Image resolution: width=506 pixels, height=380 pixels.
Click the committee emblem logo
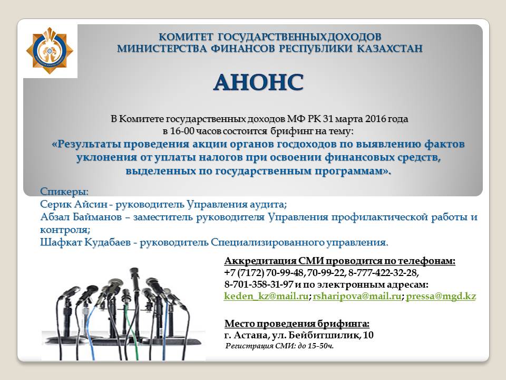50,51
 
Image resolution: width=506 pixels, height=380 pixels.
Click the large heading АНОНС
258,82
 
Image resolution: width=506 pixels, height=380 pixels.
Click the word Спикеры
64,192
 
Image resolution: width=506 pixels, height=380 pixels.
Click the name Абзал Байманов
81,217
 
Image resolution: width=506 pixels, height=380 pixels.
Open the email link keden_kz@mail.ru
266,296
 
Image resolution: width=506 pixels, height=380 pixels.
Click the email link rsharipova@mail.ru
357,296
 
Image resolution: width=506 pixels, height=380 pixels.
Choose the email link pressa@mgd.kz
441,296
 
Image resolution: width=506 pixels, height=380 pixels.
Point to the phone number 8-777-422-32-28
383,273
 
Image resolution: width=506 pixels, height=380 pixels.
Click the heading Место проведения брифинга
297,324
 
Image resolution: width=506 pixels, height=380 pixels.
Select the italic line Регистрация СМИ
279,346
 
